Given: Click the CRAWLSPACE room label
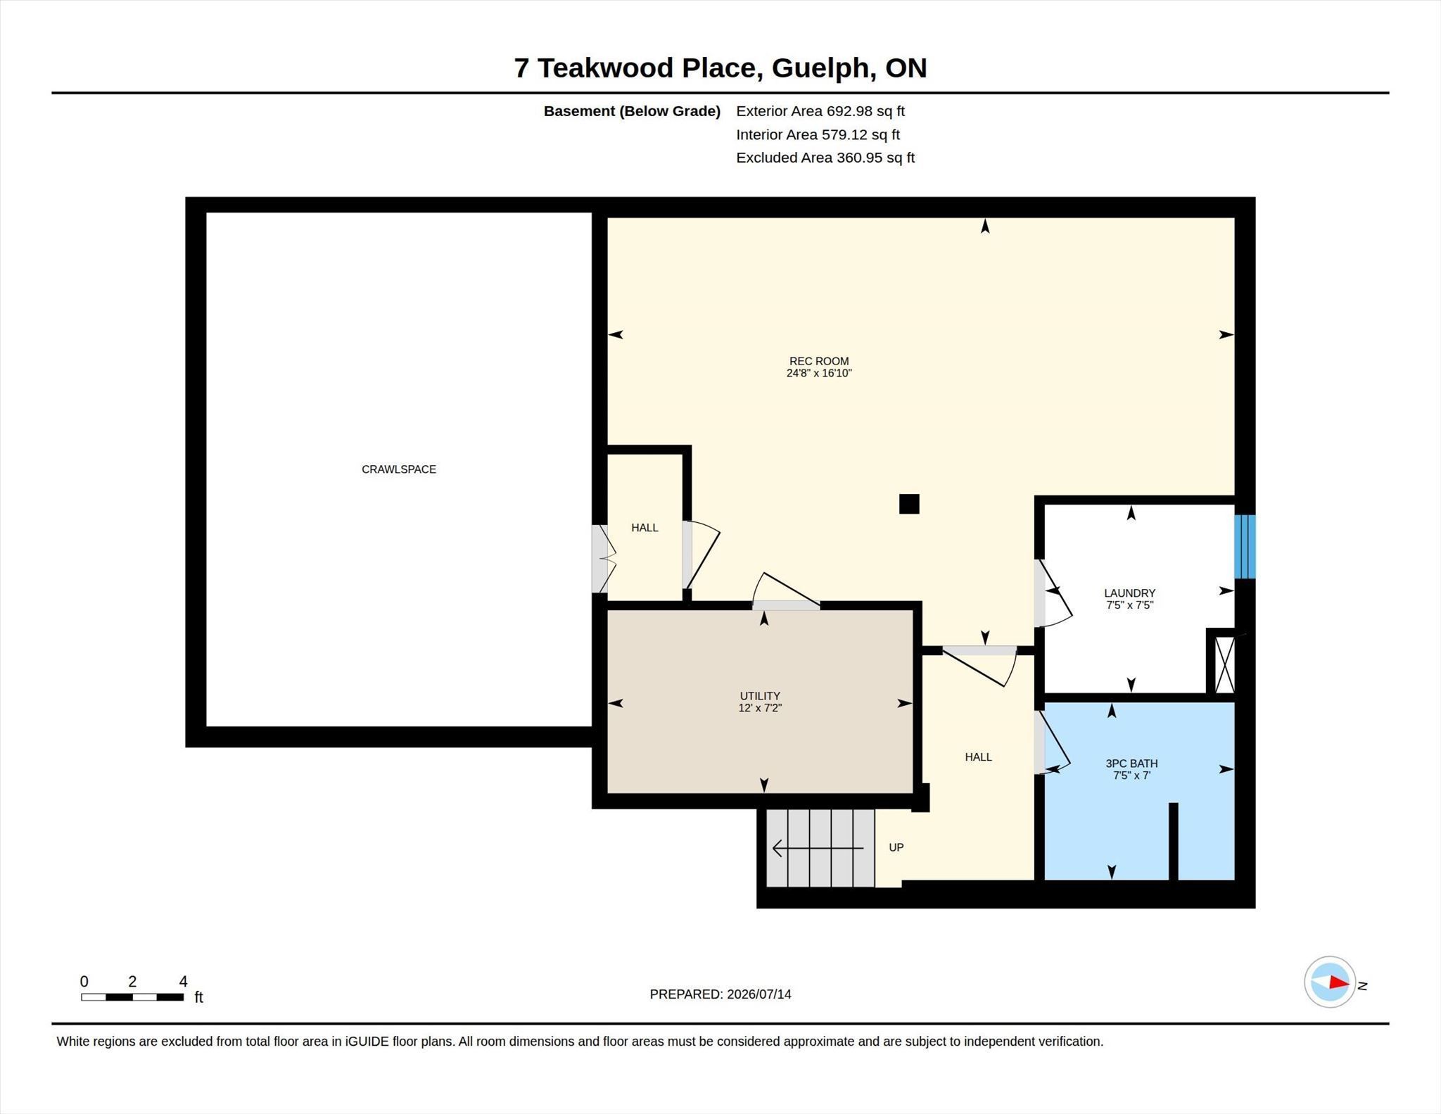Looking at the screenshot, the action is pos(398,469).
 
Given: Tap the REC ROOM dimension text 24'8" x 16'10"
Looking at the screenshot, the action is pos(819,373).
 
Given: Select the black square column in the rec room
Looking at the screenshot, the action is pos(909,504).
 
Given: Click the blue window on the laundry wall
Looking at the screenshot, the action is pos(1245,547).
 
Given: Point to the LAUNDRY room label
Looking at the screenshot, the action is pos(1129,593).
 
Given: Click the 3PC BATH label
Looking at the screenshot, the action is pos(1131,764).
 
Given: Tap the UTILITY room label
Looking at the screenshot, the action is pos(760,696).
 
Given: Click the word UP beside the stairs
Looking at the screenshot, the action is pos(896,847).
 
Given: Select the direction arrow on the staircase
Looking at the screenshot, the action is pos(818,849).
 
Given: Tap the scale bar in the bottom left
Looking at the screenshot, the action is pos(132,996).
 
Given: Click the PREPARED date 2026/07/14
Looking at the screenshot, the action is pos(759,994).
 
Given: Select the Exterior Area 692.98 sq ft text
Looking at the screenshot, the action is pos(820,111).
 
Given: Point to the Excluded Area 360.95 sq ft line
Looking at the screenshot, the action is pos(825,158).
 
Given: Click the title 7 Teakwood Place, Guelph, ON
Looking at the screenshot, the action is pos(720,68).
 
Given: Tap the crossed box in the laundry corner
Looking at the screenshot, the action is pos(1225,664).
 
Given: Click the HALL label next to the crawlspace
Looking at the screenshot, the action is pos(645,528).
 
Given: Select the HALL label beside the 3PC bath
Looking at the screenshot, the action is pos(978,757).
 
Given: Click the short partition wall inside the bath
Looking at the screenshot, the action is pos(1173,841).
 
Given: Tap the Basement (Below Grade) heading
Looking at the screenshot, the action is pos(632,111).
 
